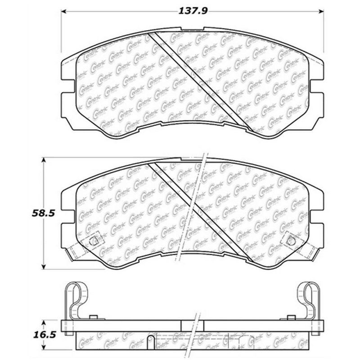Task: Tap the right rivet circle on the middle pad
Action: point(290,241)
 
